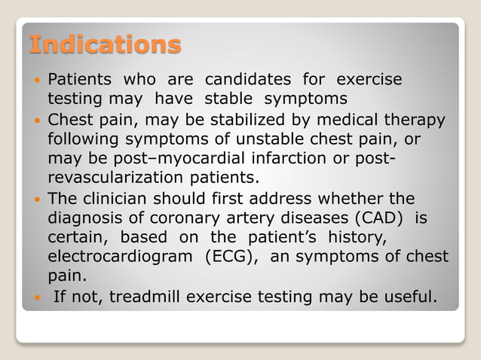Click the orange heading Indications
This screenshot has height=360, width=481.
(105, 44)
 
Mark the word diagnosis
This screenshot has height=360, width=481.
(87, 218)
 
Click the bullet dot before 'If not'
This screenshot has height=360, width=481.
(38, 297)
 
